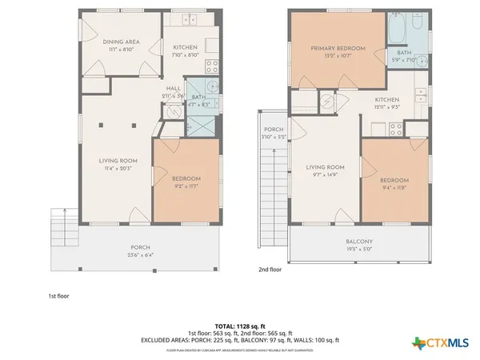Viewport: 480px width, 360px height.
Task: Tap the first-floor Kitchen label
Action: [x=186, y=48]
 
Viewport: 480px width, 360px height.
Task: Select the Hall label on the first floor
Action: [x=174, y=88]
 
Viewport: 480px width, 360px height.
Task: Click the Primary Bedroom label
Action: [x=338, y=49]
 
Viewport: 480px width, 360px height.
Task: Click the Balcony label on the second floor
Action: [x=359, y=242]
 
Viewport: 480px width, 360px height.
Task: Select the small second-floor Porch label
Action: [x=274, y=130]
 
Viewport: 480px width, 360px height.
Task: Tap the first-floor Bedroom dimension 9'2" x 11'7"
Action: [x=186, y=186]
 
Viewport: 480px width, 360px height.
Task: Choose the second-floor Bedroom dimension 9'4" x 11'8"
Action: [x=395, y=190]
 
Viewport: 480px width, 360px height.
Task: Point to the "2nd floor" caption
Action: [x=270, y=270]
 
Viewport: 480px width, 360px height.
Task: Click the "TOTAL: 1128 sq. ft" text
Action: [x=240, y=326]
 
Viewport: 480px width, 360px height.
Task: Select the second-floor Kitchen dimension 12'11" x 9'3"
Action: [x=386, y=107]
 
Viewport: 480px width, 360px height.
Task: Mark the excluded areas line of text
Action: [x=240, y=340]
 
